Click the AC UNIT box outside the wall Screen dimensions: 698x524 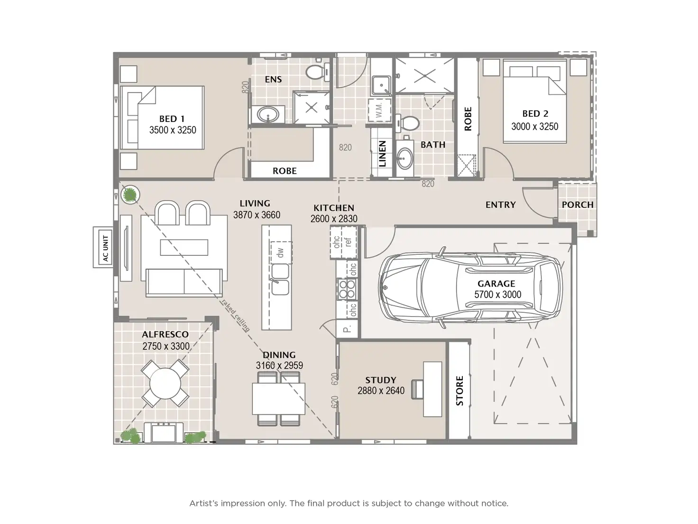pos(103,247)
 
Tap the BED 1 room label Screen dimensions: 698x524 pos(172,119)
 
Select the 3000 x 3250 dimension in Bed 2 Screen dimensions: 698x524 pos(534,127)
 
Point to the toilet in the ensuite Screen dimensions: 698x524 pos(318,72)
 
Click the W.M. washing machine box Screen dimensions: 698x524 pos(380,110)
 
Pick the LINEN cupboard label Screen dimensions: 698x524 pos(382,154)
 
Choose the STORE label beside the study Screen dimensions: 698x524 pos(459,391)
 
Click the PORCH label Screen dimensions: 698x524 pos(578,205)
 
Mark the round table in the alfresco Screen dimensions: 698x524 pos(165,384)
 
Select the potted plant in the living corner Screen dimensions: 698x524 pos(130,195)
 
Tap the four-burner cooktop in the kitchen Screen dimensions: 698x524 pos(347,289)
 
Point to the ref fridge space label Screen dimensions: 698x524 pos(348,242)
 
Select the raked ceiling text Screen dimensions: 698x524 pos(236,315)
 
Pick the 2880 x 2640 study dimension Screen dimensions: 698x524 pos(381,390)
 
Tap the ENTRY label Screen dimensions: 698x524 pos(501,205)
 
